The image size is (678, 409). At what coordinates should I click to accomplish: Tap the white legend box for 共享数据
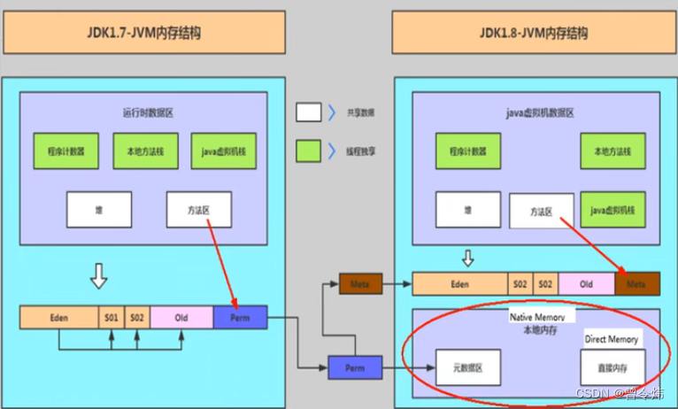[x=309, y=112]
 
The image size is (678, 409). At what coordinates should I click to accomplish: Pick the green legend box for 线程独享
[x=309, y=150]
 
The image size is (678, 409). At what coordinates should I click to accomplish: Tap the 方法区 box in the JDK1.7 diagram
[x=199, y=210]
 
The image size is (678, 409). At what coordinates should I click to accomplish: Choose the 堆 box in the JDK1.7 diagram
[x=99, y=210]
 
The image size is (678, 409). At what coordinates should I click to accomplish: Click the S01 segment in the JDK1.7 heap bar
[x=112, y=317]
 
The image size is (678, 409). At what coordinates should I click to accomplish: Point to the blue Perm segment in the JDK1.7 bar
[x=239, y=317]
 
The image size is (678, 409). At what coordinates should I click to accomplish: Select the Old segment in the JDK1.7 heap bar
[x=181, y=317]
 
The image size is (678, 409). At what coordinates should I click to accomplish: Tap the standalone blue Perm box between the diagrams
[x=354, y=367]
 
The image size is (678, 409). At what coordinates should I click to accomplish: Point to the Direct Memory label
[x=612, y=339]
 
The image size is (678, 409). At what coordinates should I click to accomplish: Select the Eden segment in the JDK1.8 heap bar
[x=459, y=284]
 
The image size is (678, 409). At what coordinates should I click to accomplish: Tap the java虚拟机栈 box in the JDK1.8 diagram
[x=613, y=211]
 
